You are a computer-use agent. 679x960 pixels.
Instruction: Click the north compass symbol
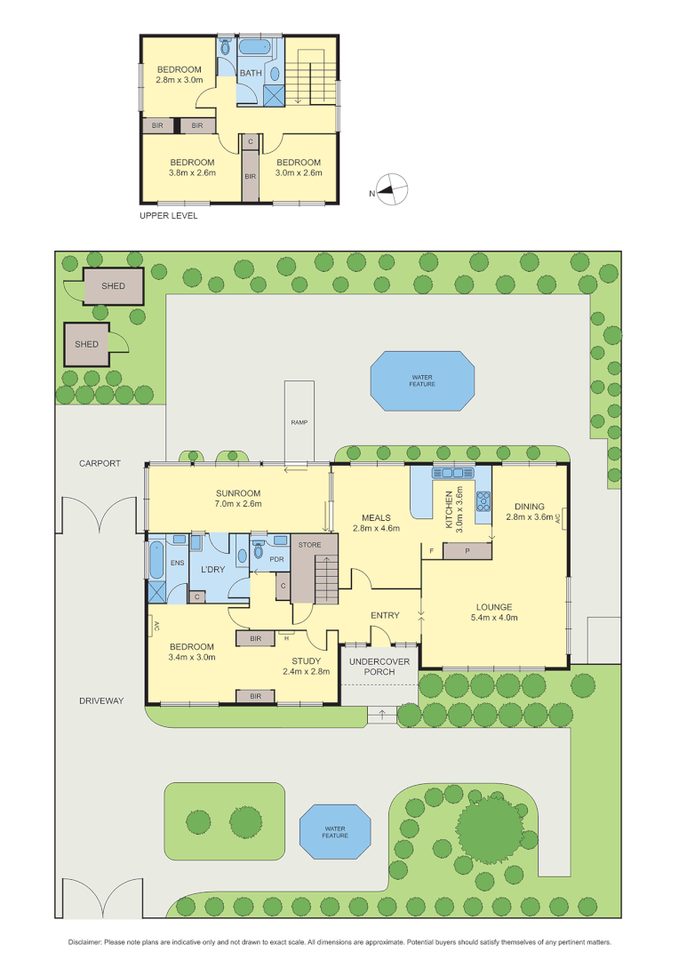point(391,189)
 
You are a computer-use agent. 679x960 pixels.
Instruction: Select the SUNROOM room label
point(237,493)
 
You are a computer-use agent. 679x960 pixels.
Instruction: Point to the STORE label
point(309,545)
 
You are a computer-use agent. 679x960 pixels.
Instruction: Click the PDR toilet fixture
point(258,551)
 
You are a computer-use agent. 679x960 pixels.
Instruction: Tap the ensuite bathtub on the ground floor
point(156,560)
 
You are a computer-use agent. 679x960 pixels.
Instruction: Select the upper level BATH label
point(251,73)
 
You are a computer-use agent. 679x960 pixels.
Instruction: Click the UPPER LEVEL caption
point(169,216)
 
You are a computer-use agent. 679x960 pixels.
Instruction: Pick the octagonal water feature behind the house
point(421,381)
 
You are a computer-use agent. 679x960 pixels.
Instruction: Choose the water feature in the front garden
point(335,830)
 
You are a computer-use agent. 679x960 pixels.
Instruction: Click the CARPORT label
point(99,464)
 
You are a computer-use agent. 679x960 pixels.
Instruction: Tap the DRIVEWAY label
point(99,700)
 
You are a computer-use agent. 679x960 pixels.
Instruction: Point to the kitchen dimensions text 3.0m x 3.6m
point(459,507)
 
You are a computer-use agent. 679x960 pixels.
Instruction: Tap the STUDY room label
point(308,660)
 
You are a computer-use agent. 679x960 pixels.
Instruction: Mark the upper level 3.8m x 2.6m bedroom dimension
point(193,173)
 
